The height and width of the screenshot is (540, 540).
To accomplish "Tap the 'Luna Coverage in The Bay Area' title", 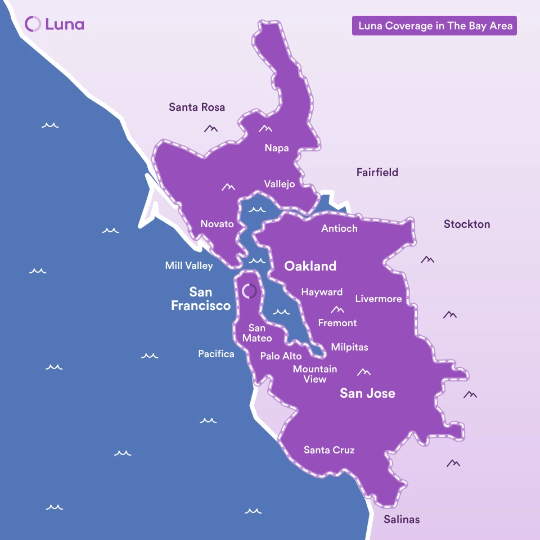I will [x=434, y=26].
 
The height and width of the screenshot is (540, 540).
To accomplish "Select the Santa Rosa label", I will [x=197, y=107].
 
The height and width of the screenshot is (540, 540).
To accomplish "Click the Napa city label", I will [x=277, y=148].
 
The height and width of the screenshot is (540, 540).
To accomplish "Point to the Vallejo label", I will [x=280, y=184].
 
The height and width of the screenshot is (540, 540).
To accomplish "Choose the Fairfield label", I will [x=377, y=172].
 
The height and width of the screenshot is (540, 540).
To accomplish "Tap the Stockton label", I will [x=466, y=224].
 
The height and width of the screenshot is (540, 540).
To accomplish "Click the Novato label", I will [x=217, y=224].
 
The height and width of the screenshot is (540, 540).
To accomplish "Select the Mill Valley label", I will [x=189, y=265].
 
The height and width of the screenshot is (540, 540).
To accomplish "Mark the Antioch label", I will [x=339, y=228].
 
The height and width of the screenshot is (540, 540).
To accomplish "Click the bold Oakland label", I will [x=310, y=266].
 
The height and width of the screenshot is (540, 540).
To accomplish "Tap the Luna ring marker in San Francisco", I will [x=249, y=291].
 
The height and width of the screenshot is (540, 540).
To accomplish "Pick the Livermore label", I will [x=378, y=299].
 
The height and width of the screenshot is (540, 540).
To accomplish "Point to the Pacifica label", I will [x=216, y=354].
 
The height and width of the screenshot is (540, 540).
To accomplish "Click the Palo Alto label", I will [x=281, y=356].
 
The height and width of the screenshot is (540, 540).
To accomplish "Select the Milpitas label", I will [x=349, y=347].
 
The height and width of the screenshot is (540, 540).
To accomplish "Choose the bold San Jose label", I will [x=367, y=393].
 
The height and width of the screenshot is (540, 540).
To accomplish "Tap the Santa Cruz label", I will [x=329, y=450].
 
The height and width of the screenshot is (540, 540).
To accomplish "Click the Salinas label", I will [x=402, y=519].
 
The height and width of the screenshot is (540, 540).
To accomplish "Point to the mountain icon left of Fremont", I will [x=337, y=309].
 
